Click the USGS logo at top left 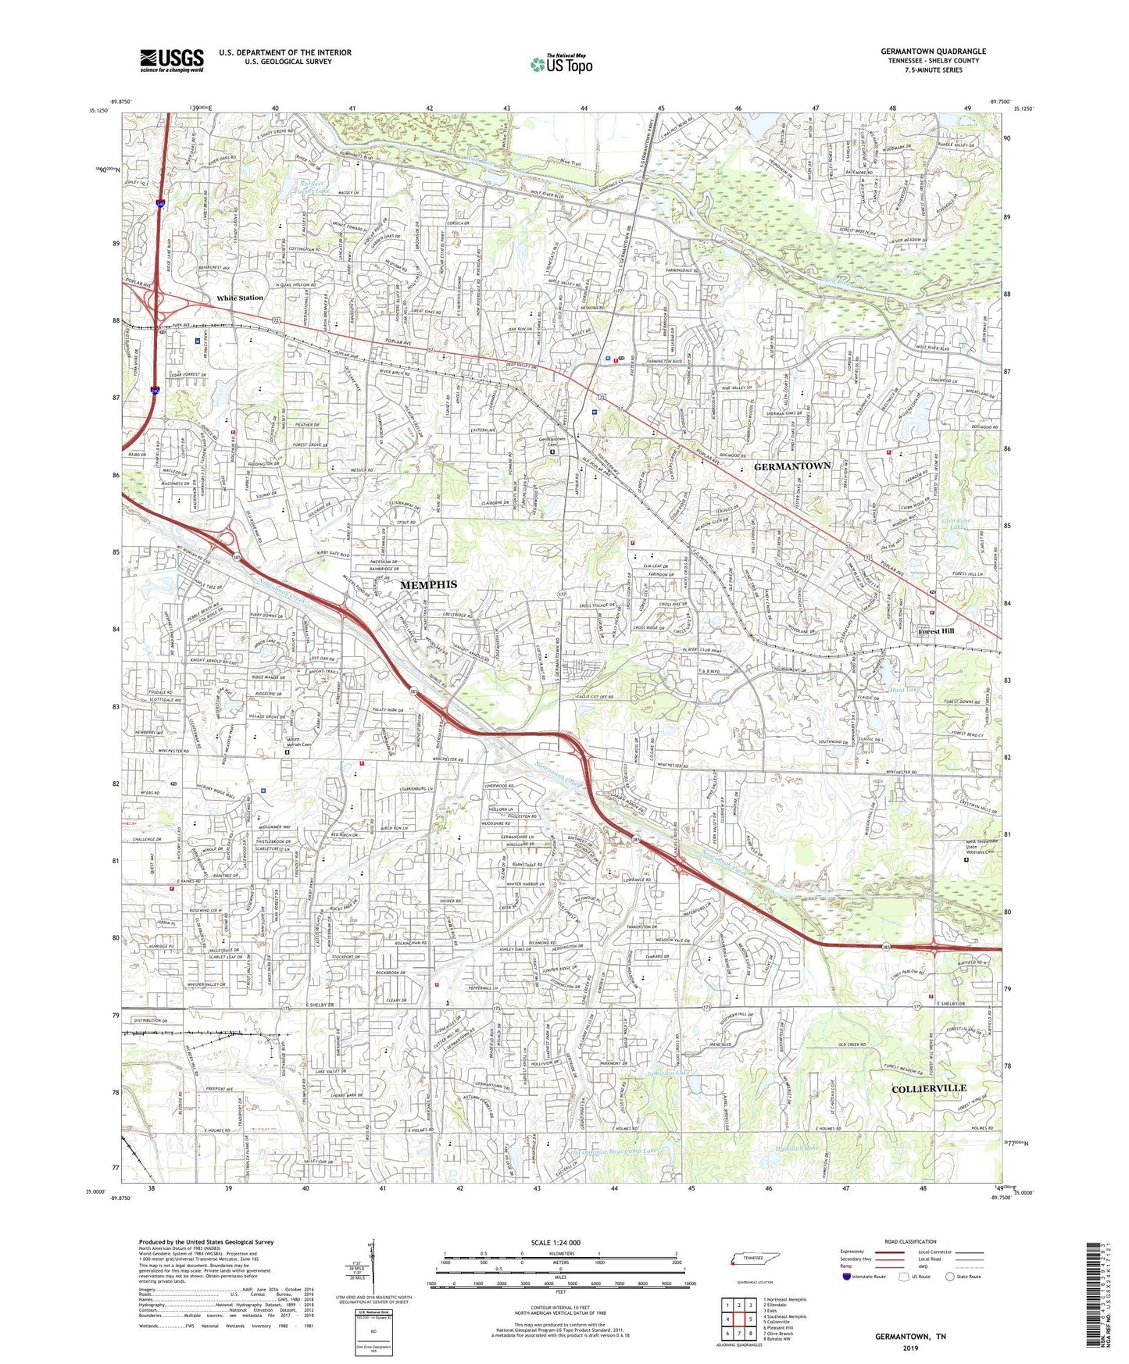pyautogui.click(x=172, y=60)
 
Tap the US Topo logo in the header pyautogui.click(x=560, y=64)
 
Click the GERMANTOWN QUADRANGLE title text pyautogui.click(x=933, y=51)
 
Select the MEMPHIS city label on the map pyautogui.click(x=428, y=584)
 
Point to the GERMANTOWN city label pyautogui.click(x=791, y=466)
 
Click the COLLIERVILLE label pyautogui.click(x=928, y=1088)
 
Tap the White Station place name pyautogui.click(x=240, y=298)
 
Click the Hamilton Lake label pyautogui.click(x=802, y=1148)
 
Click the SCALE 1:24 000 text pyautogui.click(x=556, y=1242)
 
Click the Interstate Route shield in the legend pyautogui.click(x=847, y=1277)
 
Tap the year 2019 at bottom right pyautogui.click(x=909, y=1348)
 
